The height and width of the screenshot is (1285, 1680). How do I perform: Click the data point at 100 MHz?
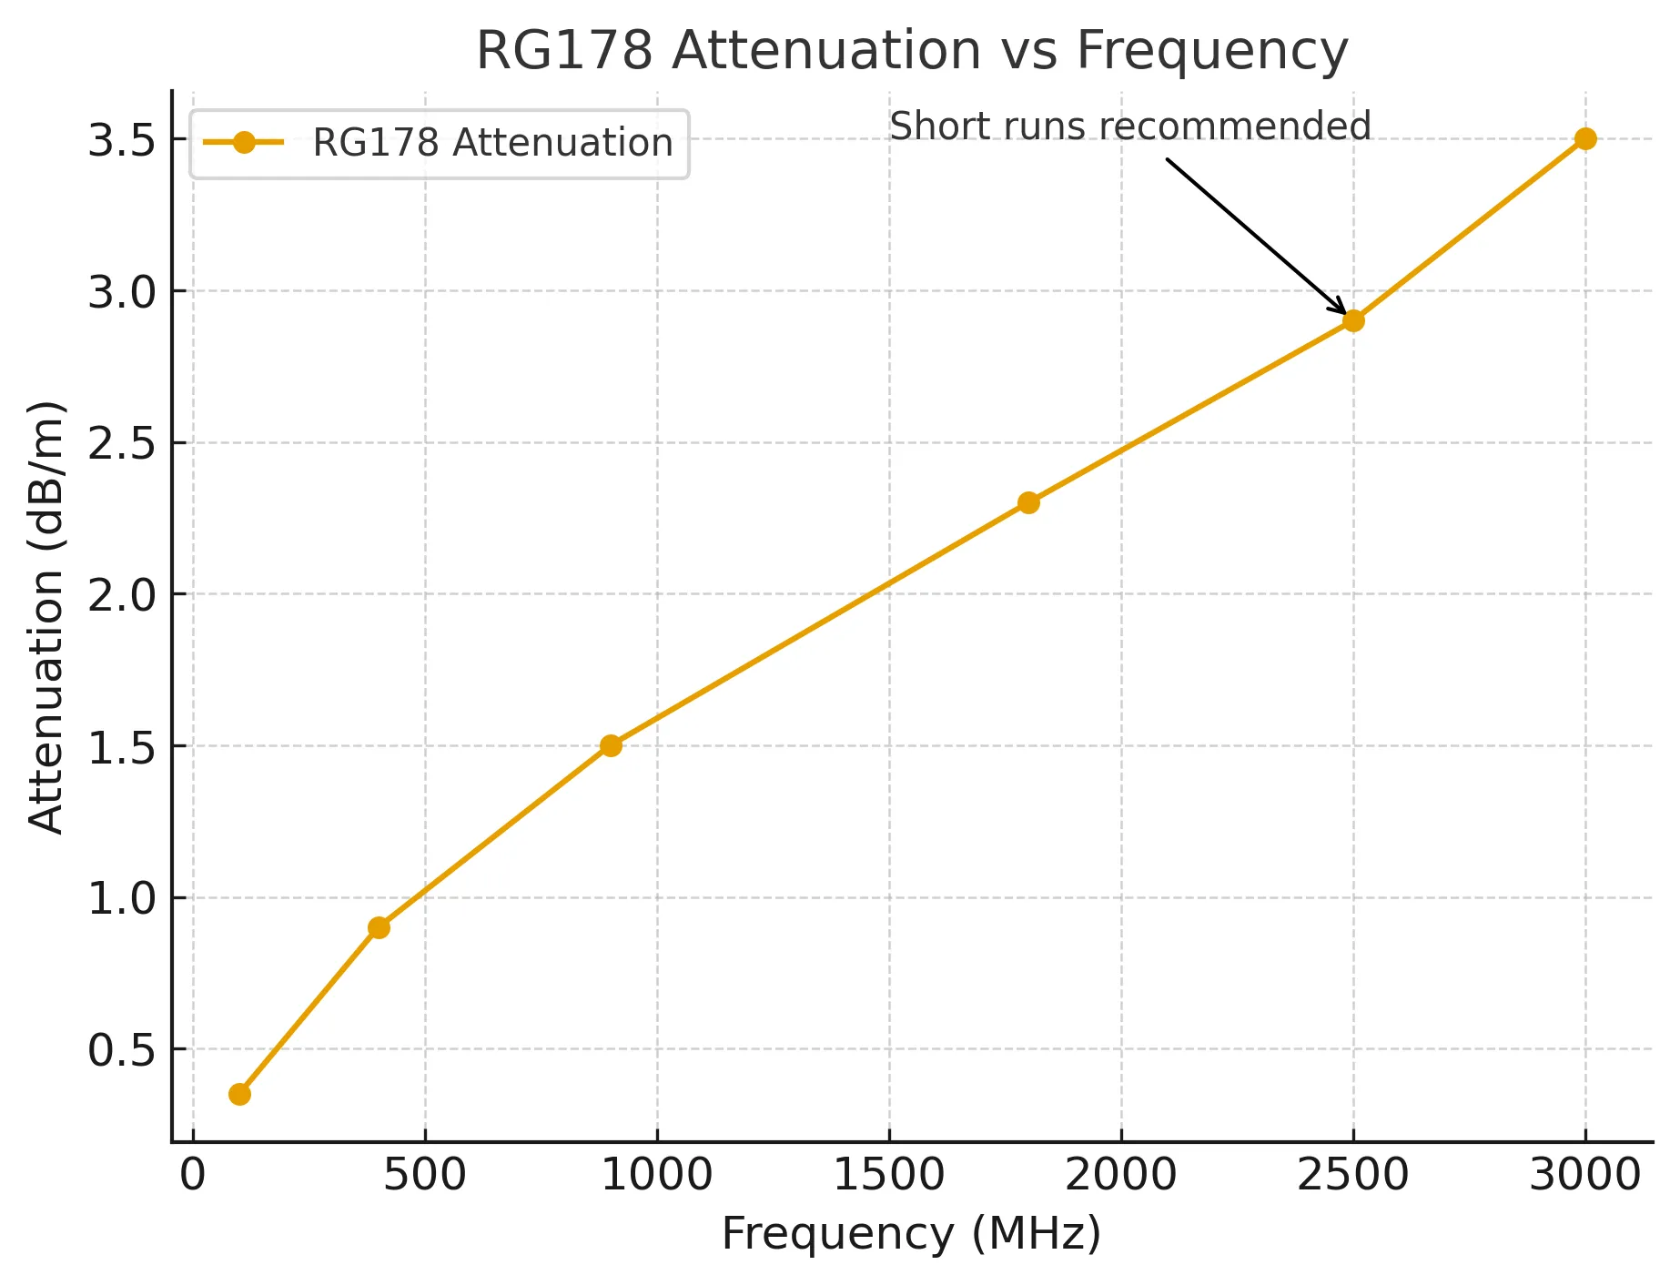point(239,1094)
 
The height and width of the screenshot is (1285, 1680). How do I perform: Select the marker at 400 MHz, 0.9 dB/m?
point(380,927)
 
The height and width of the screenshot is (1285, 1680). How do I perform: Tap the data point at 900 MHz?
point(611,745)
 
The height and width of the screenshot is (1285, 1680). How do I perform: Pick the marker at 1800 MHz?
point(1028,502)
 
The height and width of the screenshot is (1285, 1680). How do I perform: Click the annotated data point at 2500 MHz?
point(1353,320)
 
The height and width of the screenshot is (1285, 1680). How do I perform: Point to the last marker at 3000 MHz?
point(1585,138)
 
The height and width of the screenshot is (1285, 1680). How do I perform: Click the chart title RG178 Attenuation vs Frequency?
point(912,50)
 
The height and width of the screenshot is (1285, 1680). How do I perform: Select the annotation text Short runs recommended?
point(1129,126)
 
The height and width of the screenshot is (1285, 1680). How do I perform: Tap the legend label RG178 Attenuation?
point(492,143)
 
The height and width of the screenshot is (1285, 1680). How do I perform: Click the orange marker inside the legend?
point(244,143)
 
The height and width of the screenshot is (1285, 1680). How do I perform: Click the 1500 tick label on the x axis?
point(889,1175)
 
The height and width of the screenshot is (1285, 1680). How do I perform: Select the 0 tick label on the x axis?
point(193,1175)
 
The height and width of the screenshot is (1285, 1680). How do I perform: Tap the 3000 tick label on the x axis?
point(1585,1175)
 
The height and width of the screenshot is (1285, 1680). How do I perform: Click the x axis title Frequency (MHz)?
point(912,1235)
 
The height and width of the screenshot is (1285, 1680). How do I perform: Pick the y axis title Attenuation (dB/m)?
point(46,617)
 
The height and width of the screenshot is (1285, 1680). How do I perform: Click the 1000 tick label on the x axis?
point(657,1175)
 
